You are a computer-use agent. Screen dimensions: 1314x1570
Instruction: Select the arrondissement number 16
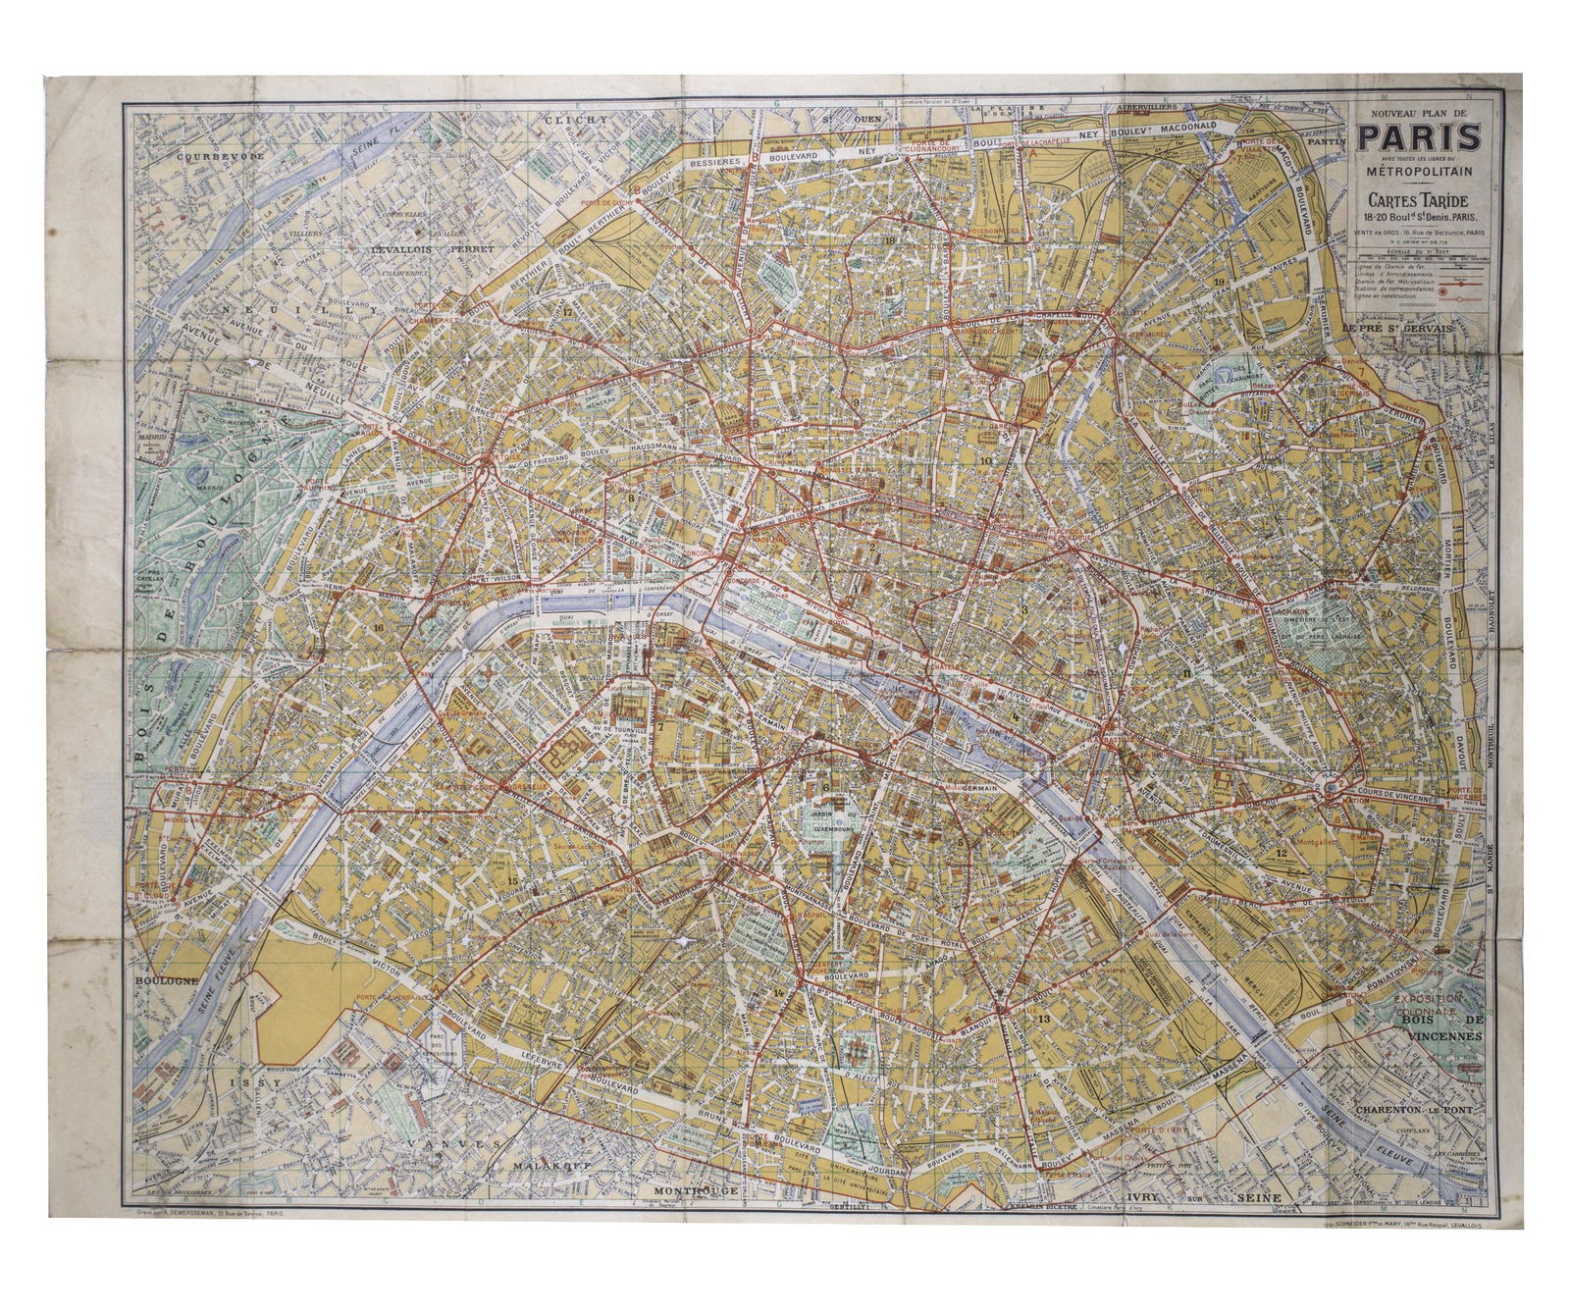[x=378, y=626]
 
